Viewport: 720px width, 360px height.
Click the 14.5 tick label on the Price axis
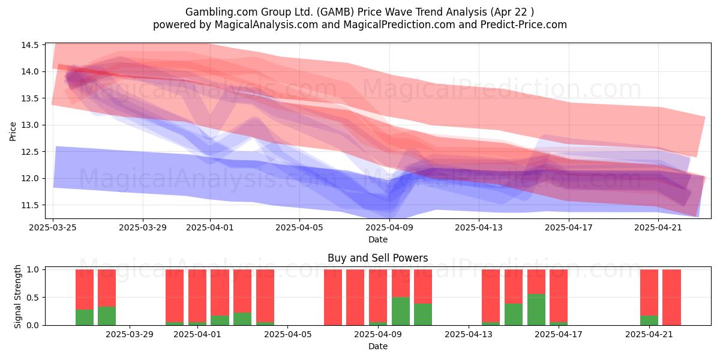click(30, 45)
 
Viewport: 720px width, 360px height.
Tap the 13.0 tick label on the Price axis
click(30, 125)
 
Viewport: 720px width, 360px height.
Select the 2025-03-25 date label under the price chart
click(53, 227)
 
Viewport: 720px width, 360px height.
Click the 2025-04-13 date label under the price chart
click(479, 227)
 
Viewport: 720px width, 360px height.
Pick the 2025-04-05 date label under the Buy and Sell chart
click(287, 335)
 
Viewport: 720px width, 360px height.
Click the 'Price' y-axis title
click(13, 131)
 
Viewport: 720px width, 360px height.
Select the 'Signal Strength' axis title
click(17, 296)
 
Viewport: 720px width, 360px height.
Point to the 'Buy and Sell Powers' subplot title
click(377, 258)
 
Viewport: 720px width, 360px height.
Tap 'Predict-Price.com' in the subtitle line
click(524, 25)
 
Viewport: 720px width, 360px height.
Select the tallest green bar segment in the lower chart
click(536, 310)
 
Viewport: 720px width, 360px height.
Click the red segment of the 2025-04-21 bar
click(649, 293)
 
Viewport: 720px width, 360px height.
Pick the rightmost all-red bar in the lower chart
click(672, 298)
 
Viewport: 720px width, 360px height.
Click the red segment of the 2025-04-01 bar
click(197, 296)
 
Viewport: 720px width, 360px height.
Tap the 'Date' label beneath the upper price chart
click(377, 239)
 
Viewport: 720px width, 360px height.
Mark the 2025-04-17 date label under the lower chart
click(559, 335)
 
